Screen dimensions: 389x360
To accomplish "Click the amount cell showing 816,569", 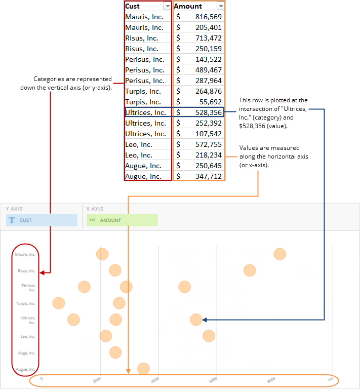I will click(x=198, y=17).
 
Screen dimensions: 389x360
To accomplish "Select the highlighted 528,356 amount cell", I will click(x=198, y=112).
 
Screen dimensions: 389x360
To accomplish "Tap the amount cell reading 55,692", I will click(x=198, y=102).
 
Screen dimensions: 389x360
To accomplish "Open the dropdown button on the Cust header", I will click(x=168, y=6).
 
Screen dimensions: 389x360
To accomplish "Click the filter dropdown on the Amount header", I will click(x=220, y=6).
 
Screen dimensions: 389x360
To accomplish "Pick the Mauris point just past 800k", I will click(x=279, y=254).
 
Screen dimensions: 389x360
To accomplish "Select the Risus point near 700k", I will click(x=249, y=270).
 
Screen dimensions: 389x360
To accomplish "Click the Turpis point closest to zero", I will click(x=59, y=303).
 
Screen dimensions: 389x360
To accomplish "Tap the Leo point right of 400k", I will click(x=209, y=336).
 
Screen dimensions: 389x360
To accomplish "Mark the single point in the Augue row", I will click(x=143, y=368).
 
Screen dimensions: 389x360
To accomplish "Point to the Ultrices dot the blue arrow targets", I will click(x=196, y=319).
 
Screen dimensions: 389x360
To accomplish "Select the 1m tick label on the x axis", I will click(x=330, y=379).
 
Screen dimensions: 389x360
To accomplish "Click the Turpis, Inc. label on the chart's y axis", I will click(x=25, y=303).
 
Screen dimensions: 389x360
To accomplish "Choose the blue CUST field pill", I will click(x=42, y=220).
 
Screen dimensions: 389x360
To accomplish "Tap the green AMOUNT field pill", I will click(x=122, y=220).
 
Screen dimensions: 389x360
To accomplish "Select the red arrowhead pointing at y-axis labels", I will click(x=42, y=273).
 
